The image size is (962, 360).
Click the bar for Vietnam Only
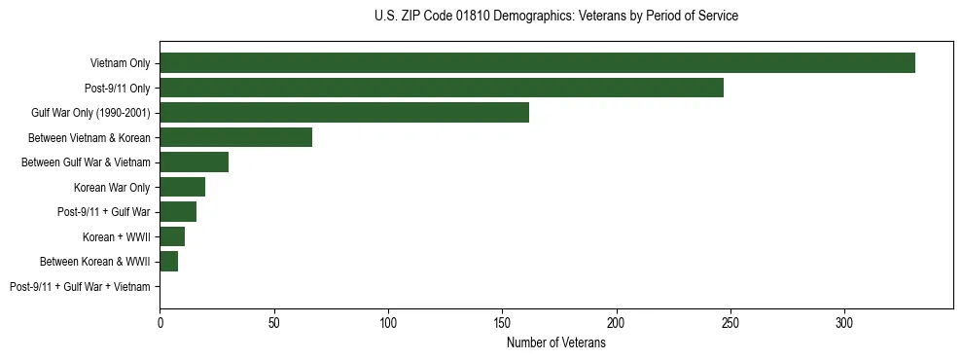(x=537, y=63)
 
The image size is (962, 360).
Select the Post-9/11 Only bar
(x=442, y=88)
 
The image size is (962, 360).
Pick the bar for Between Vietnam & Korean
(x=235, y=137)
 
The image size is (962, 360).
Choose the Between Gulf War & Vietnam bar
(x=194, y=162)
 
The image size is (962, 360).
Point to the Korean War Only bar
(x=182, y=187)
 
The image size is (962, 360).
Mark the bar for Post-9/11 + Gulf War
(x=178, y=212)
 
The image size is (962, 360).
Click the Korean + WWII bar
(x=172, y=236)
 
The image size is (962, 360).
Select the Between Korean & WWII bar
(x=168, y=262)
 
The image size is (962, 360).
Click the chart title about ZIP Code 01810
(x=555, y=17)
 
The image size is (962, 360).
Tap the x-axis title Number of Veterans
(x=555, y=343)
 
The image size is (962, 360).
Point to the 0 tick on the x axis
(x=160, y=322)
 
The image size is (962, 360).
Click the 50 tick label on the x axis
(x=273, y=322)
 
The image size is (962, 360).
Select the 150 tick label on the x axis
(x=502, y=322)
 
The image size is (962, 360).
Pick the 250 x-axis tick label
(x=730, y=322)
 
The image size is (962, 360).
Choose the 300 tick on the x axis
(x=844, y=322)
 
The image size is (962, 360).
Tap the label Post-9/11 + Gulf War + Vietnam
(x=80, y=287)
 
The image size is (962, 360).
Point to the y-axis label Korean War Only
(x=112, y=187)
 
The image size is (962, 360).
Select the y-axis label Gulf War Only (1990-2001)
(x=90, y=113)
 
